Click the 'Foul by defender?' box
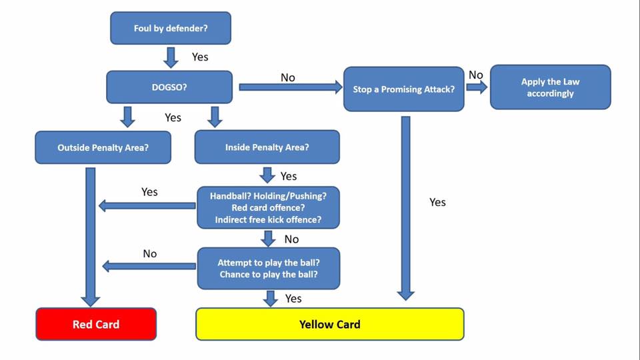click(x=171, y=28)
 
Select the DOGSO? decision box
click(x=169, y=87)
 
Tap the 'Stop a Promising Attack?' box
click(x=404, y=89)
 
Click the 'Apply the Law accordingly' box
click(x=550, y=87)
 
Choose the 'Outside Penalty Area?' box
click(x=103, y=147)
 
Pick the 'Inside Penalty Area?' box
click(x=267, y=147)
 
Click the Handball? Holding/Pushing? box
click(x=268, y=207)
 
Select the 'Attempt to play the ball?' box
click(x=269, y=268)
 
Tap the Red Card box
click(x=96, y=324)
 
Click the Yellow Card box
click(x=330, y=324)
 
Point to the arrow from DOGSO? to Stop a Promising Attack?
click(x=291, y=87)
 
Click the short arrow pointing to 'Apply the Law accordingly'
click(x=477, y=87)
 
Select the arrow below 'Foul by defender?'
click(x=171, y=57)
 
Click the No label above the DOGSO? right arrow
click(x=288, y=77)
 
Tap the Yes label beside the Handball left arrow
click(x=149, y=192)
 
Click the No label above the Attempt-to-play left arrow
click(x=150, y=254)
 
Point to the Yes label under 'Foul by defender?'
click(x=200, y=57)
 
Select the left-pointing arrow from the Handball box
click(x=147, y=206)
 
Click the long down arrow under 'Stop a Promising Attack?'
click(x=406, y=209)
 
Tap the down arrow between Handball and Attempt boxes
click(x=268, y=239)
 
